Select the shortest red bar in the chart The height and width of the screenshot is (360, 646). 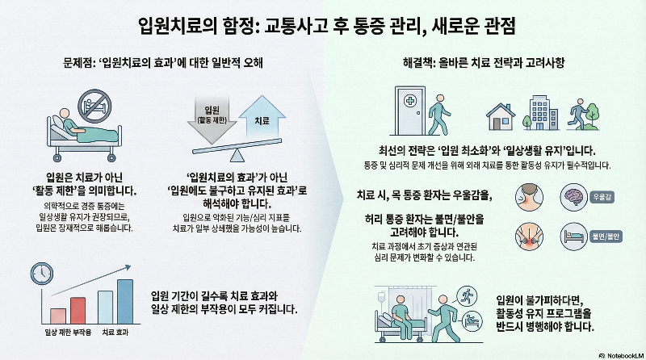(x=57, y=314)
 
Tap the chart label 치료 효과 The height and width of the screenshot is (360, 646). (x=116, y=332)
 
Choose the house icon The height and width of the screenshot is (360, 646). (x=504, y=117)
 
